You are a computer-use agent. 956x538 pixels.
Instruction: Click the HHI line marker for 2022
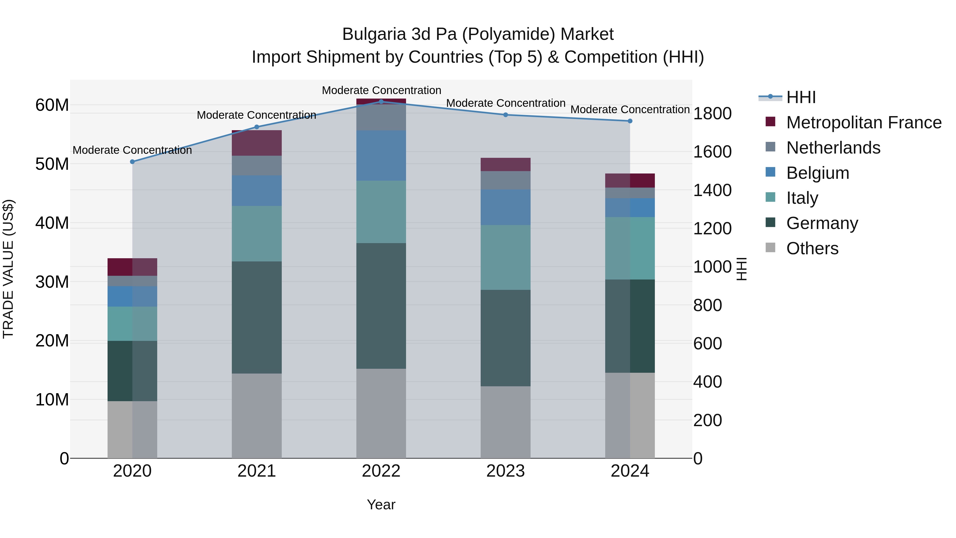381,101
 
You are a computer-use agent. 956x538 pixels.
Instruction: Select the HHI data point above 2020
132,162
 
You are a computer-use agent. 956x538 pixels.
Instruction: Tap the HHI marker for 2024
630,121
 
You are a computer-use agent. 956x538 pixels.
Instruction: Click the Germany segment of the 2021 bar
257,317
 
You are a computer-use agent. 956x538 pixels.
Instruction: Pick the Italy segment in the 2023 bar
505,257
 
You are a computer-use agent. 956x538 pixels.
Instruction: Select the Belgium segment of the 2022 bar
381,156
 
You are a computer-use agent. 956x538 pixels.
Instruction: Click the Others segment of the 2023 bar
505,422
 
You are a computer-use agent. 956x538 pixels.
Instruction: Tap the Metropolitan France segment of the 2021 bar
257,143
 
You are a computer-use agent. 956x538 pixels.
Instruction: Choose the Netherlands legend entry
833,148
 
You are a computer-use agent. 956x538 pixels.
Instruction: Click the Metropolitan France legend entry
863,122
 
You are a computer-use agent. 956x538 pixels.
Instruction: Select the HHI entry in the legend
801,97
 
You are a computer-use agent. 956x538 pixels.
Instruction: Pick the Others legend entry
812,248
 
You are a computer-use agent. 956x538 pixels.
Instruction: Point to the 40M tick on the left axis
52,223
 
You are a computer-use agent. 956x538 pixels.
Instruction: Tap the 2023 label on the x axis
505,471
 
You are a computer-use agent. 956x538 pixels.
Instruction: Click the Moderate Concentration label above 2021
257,115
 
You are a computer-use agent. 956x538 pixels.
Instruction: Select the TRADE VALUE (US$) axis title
8,269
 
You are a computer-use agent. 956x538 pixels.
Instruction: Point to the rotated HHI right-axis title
741,269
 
